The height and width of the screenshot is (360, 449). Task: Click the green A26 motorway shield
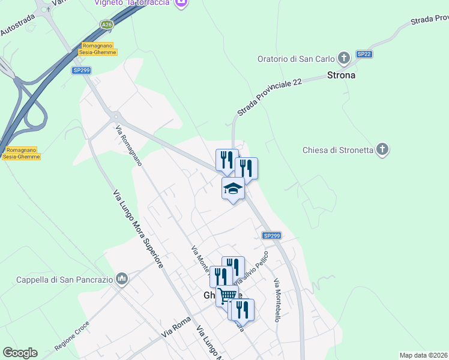tap(107, 25)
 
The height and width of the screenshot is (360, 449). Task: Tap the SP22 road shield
tap(364, 54)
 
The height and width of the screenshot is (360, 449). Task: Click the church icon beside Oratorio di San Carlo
tap(343, 58)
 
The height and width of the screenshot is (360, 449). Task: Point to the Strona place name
tap(341, 76)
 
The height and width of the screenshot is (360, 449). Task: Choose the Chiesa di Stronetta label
tap(338, 149)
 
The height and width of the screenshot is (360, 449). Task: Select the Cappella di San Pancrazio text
tap(64, 279)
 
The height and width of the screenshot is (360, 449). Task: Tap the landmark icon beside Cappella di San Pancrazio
tap(122, 278)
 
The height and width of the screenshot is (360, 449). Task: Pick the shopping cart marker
tap(227, 296)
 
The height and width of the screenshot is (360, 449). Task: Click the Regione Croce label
tap(72, 339)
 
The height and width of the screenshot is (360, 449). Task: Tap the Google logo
tap(20, 353)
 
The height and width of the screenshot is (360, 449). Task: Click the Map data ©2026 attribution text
tap(424, 355)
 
